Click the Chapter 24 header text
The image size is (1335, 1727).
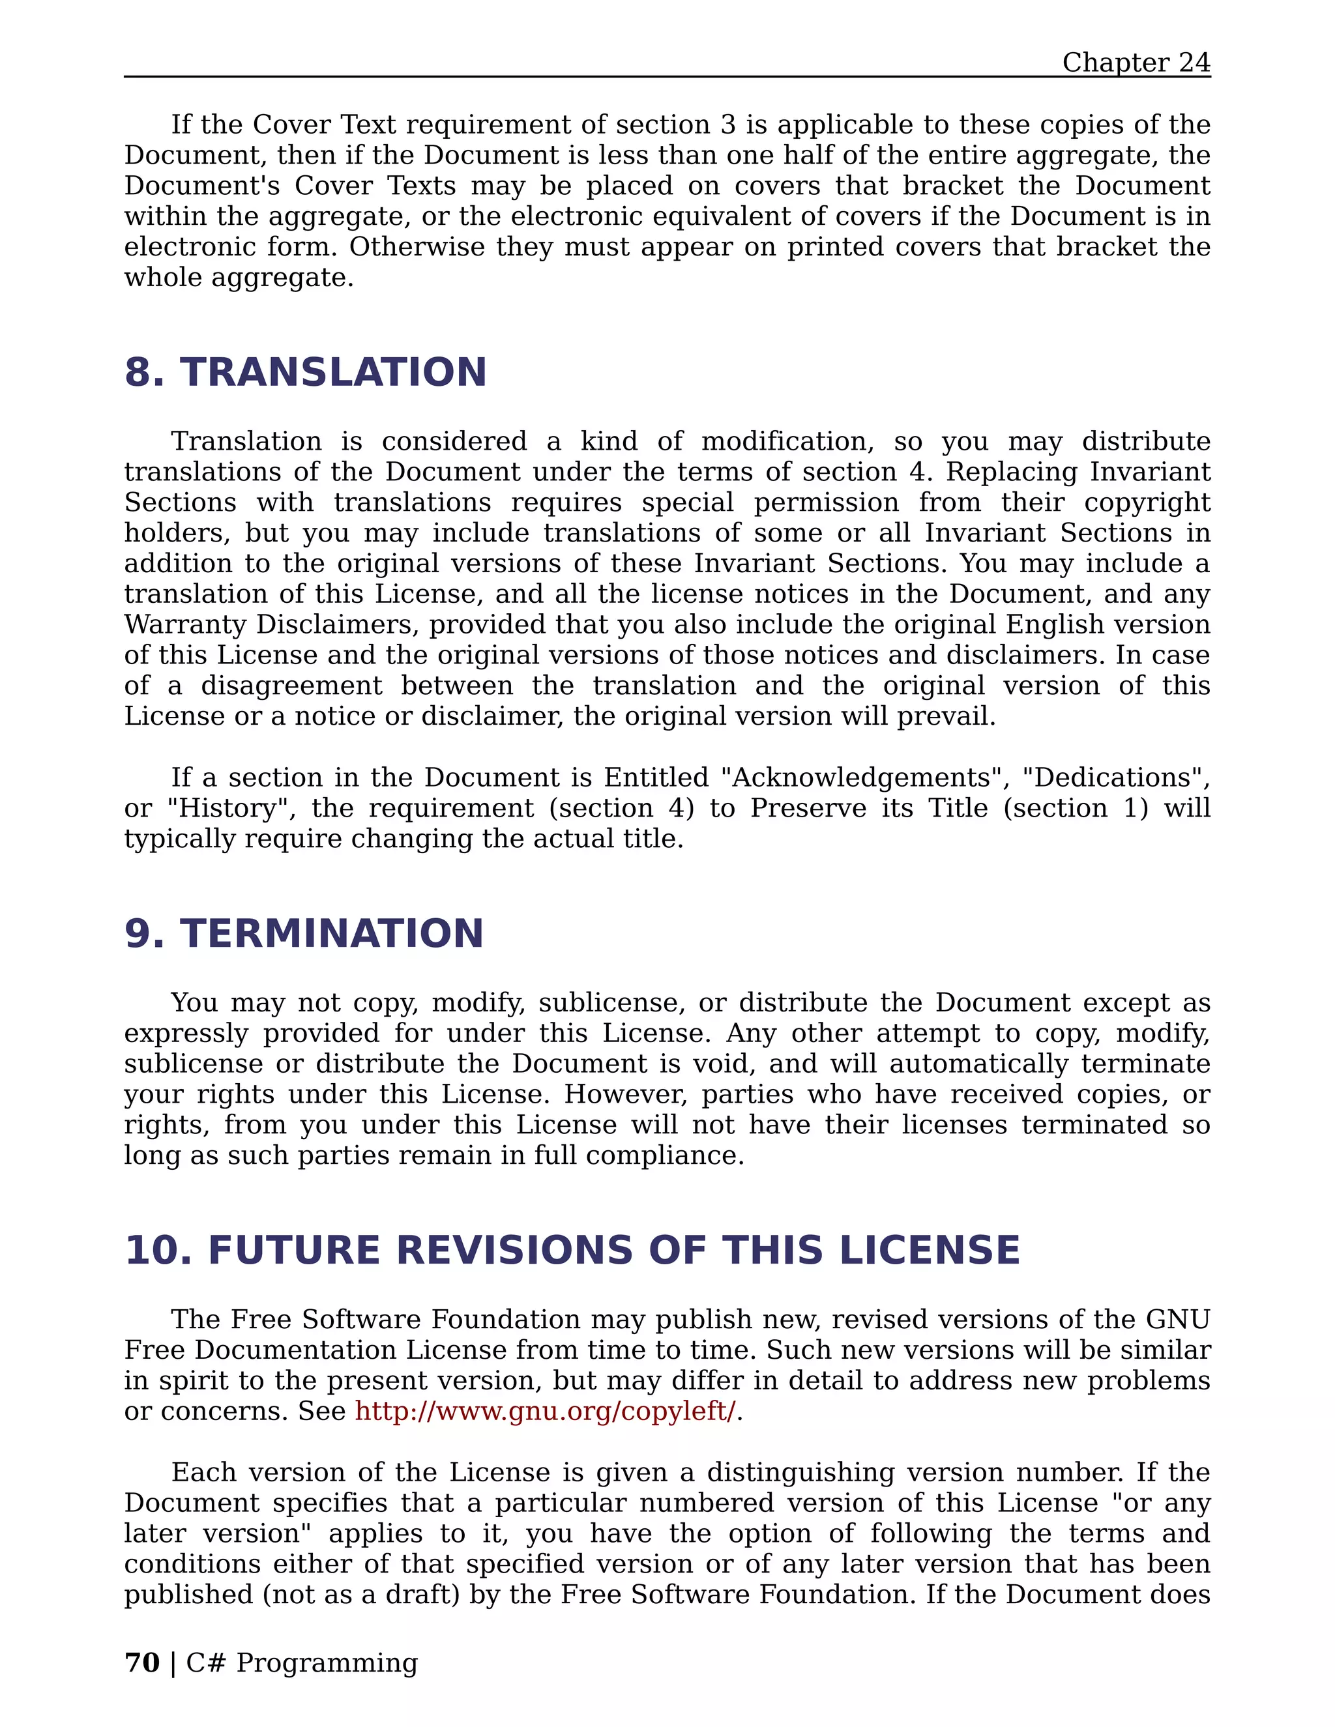click(1136, 63)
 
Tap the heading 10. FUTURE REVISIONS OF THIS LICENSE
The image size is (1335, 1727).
click(572, 1250)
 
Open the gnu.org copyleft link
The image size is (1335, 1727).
click(545, 1411)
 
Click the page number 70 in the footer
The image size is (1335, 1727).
click(142, 1663)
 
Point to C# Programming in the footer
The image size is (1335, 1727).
click(301, 1663)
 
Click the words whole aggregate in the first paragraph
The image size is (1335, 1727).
click(238, 278)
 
